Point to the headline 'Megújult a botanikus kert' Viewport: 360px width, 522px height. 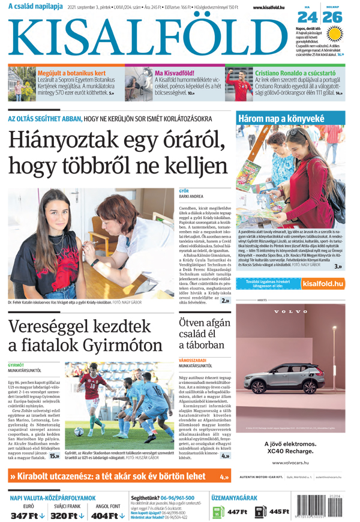[x=71, y=73]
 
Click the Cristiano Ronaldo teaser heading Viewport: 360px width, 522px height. [x=295, y=73]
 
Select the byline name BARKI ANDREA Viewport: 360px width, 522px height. [x=191, y=196]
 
